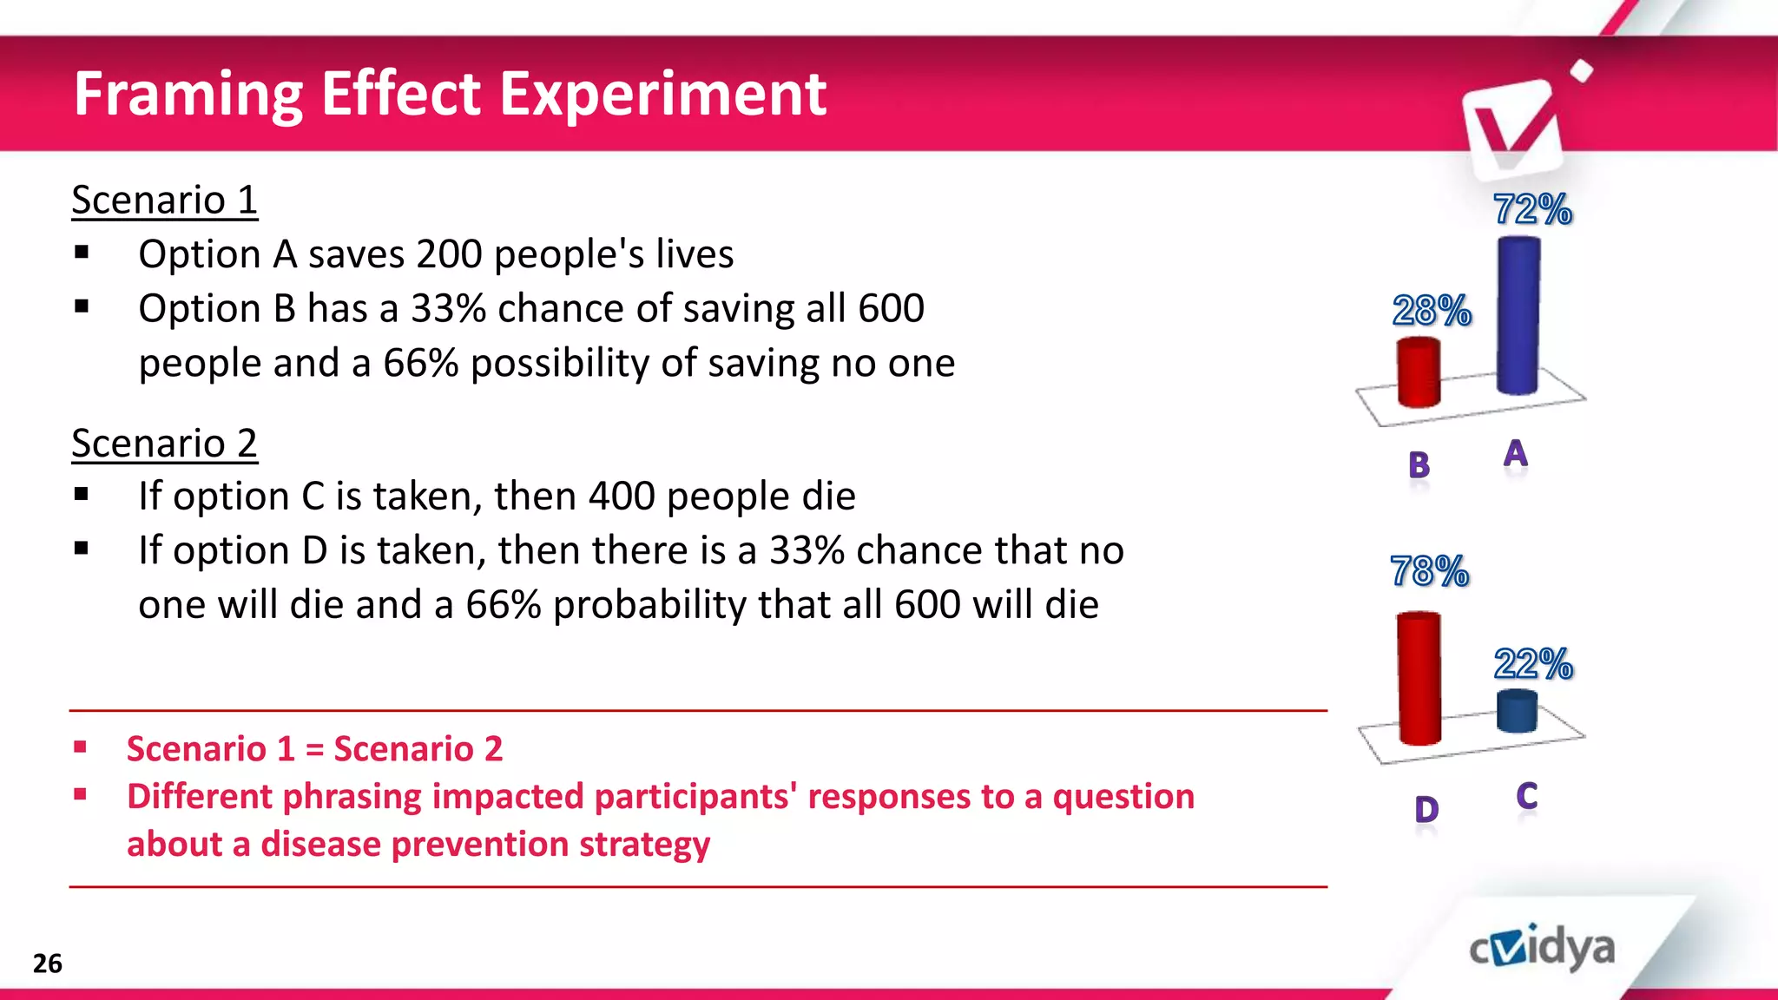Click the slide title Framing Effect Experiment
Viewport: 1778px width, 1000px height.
pyautogui.click(x=450, y=94)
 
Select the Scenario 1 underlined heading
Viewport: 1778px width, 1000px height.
pyautogui.click(x=164, y=201)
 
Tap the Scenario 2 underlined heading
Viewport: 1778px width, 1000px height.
pyautogui.click(x=164, y=444)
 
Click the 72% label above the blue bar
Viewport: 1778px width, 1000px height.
pyautogui.click(x=1532, y=209)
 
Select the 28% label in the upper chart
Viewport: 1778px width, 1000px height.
pyautogui.click(x=1432, y=310)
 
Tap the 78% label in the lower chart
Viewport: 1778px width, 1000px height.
pyautogui.click(x=1429, y=571)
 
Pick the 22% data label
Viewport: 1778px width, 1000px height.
pyautogui.click(x=1533, y=664)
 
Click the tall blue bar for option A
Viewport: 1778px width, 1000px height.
pyautogui.click(x=1518, y=317)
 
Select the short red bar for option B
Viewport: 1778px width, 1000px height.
pyautogui.click(x=1419, y=373)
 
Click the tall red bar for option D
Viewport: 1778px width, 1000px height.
pyautogui.click(x=1419, y=679)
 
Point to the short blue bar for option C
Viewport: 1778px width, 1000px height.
pyautogui.click(x=1517, y=711)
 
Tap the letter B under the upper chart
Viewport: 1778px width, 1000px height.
pyautogui.click(x=1419, y=466)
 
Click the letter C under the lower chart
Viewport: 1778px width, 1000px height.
pyautogui.click(x=1527, y=796)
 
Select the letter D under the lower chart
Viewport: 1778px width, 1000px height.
pyautogui.click(x=1426, y=810)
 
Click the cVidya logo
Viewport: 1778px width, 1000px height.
pyautogui.click(x=1543, y=948)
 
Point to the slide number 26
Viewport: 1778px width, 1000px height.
pyautogui.click(x=48, y=964)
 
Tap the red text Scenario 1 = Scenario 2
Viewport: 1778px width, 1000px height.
pyautogui.click(x=314, y=749)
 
